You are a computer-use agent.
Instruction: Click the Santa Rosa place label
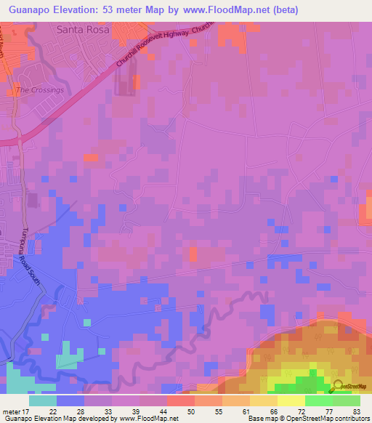pyautogui.click(x=82, y=31)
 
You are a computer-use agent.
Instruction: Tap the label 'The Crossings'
pyautogui.click(x=40, y=90)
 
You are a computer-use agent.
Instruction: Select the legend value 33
pyautogui.click(x=111, y=412)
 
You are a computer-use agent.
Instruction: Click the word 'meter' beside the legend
pyautogui.click(x=12, y=412)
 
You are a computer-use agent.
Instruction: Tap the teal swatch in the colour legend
pyautogui.click(x=43, y=400)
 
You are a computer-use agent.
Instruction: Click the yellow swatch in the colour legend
pyautogui.click(x=291, y=400)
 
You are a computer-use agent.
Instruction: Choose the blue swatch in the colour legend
pyautogui.click(x=70, y=400)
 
